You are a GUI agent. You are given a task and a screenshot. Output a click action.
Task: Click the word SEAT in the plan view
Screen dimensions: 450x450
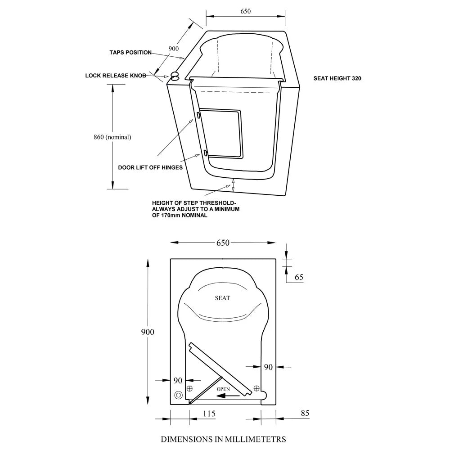(x=222, y=298)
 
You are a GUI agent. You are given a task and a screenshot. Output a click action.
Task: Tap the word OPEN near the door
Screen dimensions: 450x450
(x=223, y=389)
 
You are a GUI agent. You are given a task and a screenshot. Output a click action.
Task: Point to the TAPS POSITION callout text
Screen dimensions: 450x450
(x=130, y=53)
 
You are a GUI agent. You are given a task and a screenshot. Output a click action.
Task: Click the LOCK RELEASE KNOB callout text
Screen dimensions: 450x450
(x=116, y=76)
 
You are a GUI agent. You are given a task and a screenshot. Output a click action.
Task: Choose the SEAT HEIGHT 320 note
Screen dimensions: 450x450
(x=337, y=78)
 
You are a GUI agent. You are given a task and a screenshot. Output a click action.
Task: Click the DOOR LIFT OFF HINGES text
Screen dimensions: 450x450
(x=150, y=167)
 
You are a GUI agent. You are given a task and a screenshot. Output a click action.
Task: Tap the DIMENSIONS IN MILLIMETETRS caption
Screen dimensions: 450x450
(x=224, y=438)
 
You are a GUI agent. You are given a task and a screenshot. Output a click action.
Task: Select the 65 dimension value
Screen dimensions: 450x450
(x=299, y=278)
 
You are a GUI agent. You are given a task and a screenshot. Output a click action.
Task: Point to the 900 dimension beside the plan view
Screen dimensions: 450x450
(x=147, y=332)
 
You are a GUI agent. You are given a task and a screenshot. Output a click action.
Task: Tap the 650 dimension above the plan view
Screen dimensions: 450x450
(x=223, y=243)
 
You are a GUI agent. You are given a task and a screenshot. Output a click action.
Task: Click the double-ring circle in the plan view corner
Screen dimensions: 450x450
(x=179, y=395)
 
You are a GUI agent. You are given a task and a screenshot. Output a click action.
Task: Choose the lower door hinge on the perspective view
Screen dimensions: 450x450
(x=205, y=153)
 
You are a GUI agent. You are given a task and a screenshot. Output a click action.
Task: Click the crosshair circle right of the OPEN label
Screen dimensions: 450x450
(x=256, y=388)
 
